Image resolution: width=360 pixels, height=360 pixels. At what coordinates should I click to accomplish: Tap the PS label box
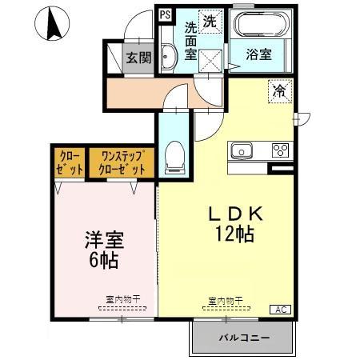165,14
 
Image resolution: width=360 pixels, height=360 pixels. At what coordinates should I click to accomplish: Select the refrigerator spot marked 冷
280,91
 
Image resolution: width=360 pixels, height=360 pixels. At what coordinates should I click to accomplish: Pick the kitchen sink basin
242,150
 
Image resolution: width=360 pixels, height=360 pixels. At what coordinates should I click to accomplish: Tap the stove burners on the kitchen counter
281,150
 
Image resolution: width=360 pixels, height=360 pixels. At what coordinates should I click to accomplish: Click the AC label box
282,309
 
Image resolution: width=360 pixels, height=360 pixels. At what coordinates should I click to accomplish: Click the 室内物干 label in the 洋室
122,299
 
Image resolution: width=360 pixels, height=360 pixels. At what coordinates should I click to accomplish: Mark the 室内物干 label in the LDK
226,301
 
